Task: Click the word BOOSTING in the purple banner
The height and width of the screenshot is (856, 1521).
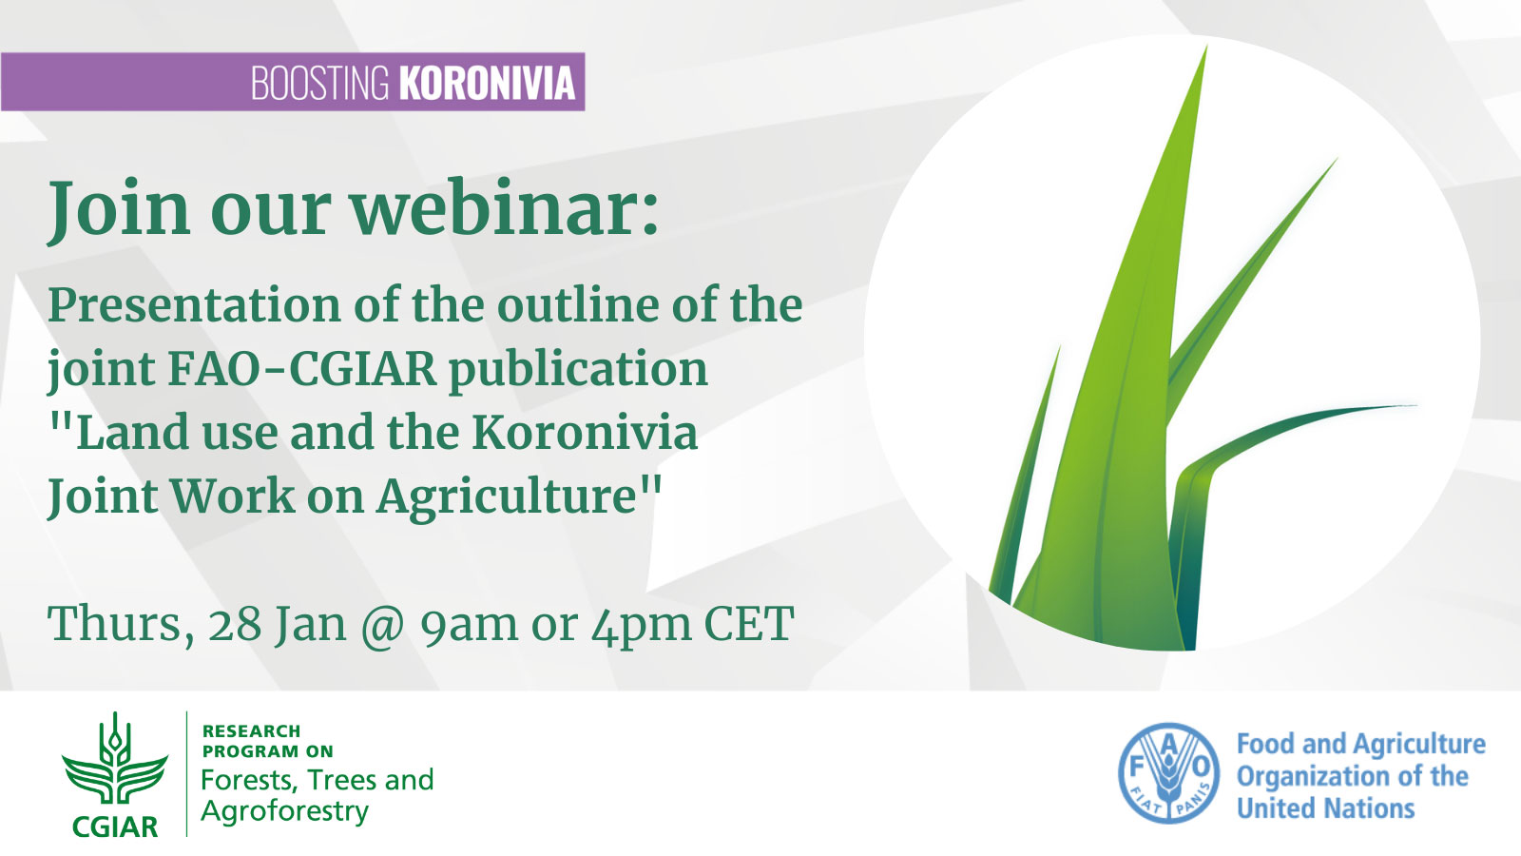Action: tap(319, 82)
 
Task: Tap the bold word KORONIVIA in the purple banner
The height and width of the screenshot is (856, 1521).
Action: tap(487, 82)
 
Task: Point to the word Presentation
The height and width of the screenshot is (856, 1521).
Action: tap(194, 306)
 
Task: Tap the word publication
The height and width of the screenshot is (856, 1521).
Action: tap(578, 371)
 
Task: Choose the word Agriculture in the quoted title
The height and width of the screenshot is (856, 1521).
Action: tap(507, 498)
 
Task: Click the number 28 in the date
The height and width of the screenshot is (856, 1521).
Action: tap(234, 624)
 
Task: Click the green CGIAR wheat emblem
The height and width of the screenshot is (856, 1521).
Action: tap(115, 759)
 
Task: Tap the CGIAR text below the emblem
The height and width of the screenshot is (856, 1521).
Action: tap(115, 827)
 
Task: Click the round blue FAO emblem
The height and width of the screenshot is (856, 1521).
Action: tap(1168, 773)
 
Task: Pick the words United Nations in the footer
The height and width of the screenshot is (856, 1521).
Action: tap(1325, 808)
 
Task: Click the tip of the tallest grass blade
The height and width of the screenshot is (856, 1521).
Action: tap(1206, 47)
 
